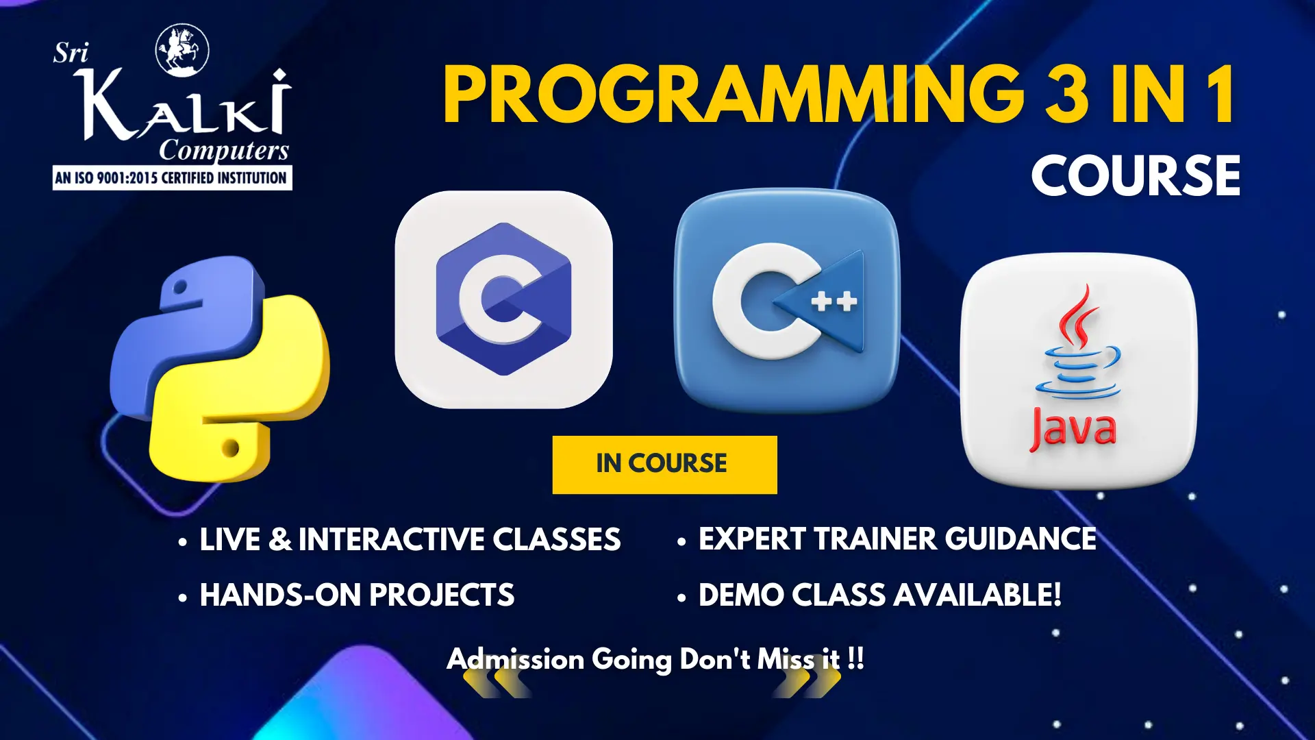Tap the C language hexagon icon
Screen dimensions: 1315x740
[503, 299]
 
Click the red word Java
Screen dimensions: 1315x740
[1073, 429]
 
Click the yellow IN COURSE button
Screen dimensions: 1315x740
[664, 465]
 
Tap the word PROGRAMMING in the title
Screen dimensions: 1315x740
[734, 95]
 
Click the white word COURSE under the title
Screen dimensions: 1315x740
[1136, 175]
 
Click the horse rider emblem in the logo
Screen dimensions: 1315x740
[182, 49]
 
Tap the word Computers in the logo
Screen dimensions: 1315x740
[224, 150]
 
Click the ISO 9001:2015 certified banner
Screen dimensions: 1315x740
[172, 178]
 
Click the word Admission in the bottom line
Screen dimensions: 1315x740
[515, 659]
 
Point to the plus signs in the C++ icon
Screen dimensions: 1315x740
[834, 301]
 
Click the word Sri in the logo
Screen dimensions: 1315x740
[71, 53]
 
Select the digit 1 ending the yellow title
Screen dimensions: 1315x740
[1221, 95]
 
